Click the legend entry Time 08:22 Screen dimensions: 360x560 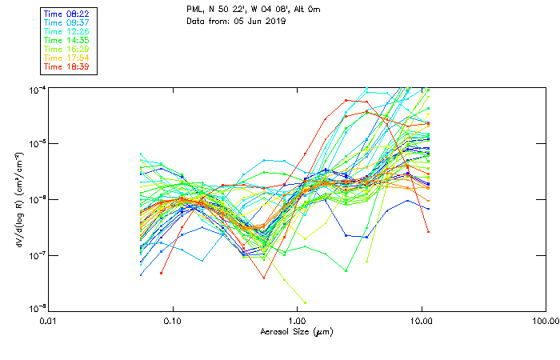point(67,14)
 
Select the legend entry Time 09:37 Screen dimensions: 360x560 point(67,22)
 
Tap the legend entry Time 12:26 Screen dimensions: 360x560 point(67,31)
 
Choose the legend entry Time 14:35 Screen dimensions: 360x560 point(67,40)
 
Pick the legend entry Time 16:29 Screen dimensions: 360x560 point(67,49)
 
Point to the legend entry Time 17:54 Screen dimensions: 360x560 point(67,58)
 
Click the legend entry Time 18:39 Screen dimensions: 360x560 point(67,66)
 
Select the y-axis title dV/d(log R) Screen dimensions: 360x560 point(19,198)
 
